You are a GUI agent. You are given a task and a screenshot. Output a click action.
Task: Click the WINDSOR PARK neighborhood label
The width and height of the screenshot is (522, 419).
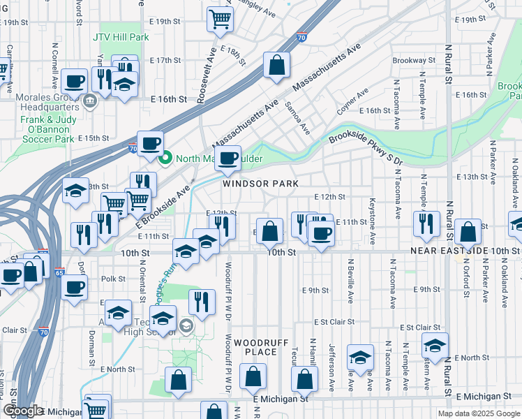pos(260,184)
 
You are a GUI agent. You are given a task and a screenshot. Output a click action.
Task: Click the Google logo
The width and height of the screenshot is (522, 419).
pos(22,411)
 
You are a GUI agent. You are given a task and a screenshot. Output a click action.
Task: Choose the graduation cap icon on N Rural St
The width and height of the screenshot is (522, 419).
pos(435,346)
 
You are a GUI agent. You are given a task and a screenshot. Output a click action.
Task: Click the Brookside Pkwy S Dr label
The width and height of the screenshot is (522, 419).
pos(366,149)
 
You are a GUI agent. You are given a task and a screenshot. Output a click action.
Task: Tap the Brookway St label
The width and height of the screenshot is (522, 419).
pos(413,61)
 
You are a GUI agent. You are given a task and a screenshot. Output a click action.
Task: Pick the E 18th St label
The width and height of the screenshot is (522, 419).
pos(233,54)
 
